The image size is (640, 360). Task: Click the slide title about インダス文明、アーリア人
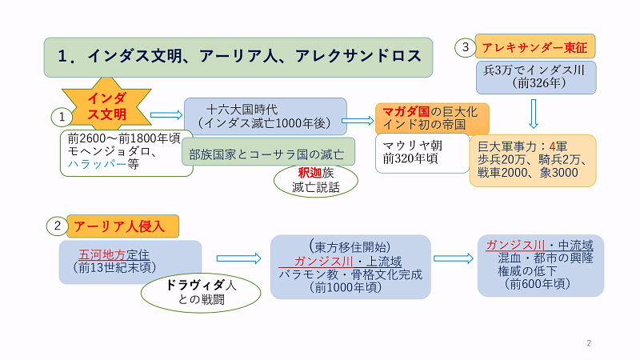pyautogui.click(x=238, y=57)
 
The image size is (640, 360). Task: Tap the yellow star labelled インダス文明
pyautogui.click(x=106, y=107)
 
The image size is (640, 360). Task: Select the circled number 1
pyautogui.click(x=62, y=117)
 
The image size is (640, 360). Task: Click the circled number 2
pyautogui.click(x=58, y=226)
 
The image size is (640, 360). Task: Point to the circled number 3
pyautogui.click(x=466, y=48)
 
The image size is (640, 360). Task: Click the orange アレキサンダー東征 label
pyautogui.click(x=534, y=48)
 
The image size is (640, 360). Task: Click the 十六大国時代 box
pyautogui.click(x=265, y=116)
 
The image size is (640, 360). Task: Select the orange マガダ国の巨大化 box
pyautogui.click(x=431, y=117)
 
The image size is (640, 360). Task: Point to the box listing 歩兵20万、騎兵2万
pyautogui.click(x=533, y=161)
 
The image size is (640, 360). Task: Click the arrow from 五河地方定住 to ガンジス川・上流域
pyautogui.click(x=239, y=258)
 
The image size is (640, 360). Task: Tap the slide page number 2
pyautogui.click(x=589, y=343)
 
